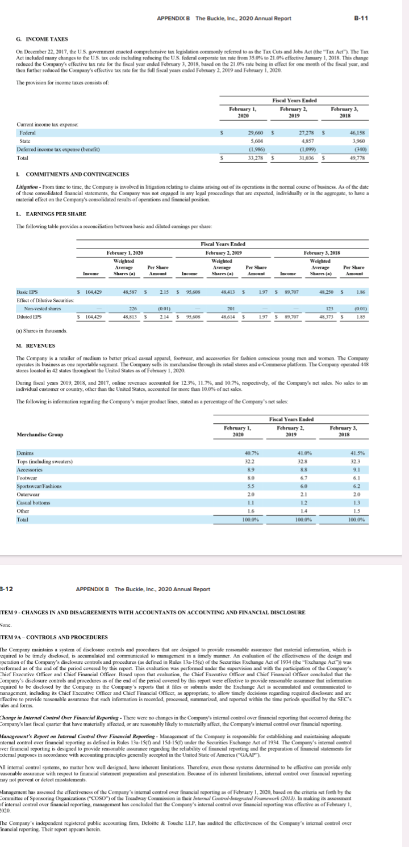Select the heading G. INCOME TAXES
click(43, 39)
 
